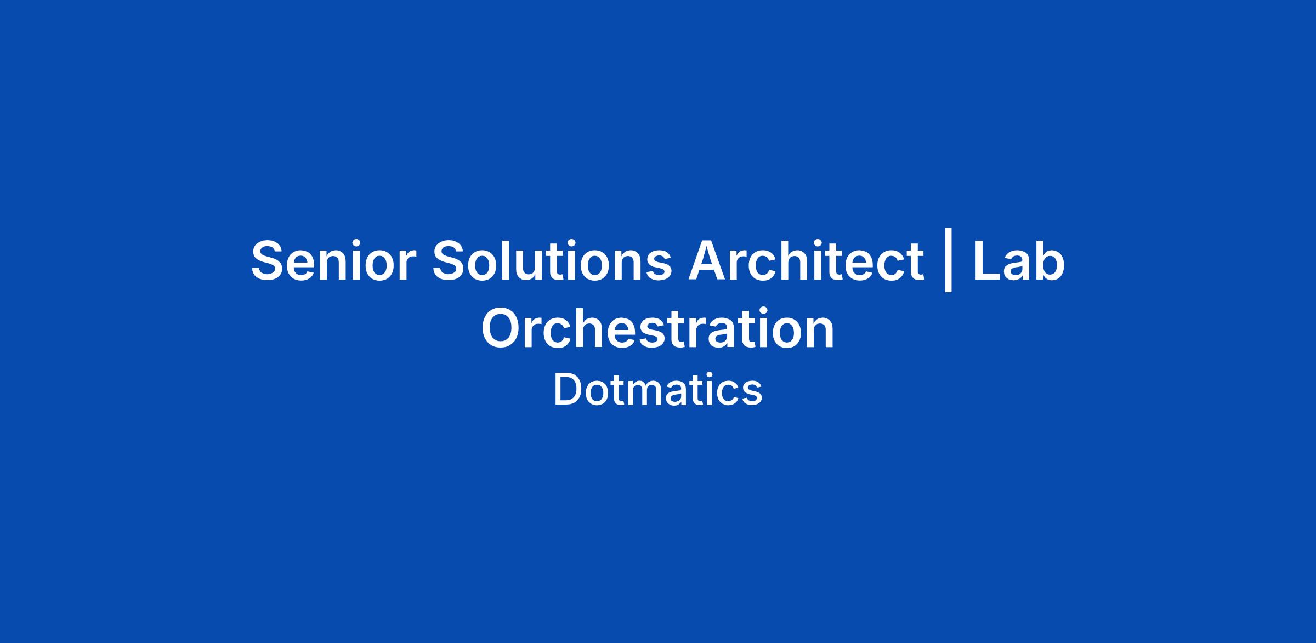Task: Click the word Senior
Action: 331,261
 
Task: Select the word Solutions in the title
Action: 552,261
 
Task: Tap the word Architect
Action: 806,261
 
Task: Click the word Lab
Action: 1019,261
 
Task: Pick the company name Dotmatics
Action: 657,390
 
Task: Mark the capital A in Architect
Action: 709,261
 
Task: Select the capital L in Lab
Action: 988,261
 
